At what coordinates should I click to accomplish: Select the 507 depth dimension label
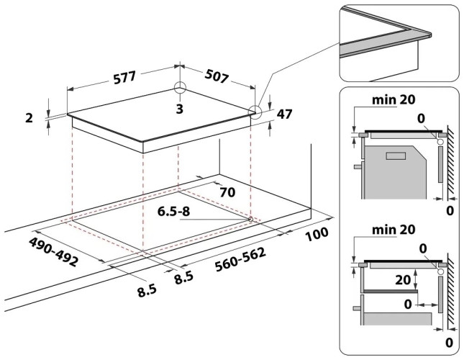pyautogui.click(x=218, y=75)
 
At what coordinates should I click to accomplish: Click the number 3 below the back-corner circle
pyautogui.click(x=179, y=108)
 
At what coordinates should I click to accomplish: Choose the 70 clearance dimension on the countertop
pyautogui.click(x=228, y=192)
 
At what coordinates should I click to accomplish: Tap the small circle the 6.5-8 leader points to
pyautogui.click(x=250, y=217)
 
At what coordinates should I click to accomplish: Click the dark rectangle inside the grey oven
pyautogui.click(x=396, y=155)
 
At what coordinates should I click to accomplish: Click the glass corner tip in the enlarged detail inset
pyautogui.click(x=429, y=34)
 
